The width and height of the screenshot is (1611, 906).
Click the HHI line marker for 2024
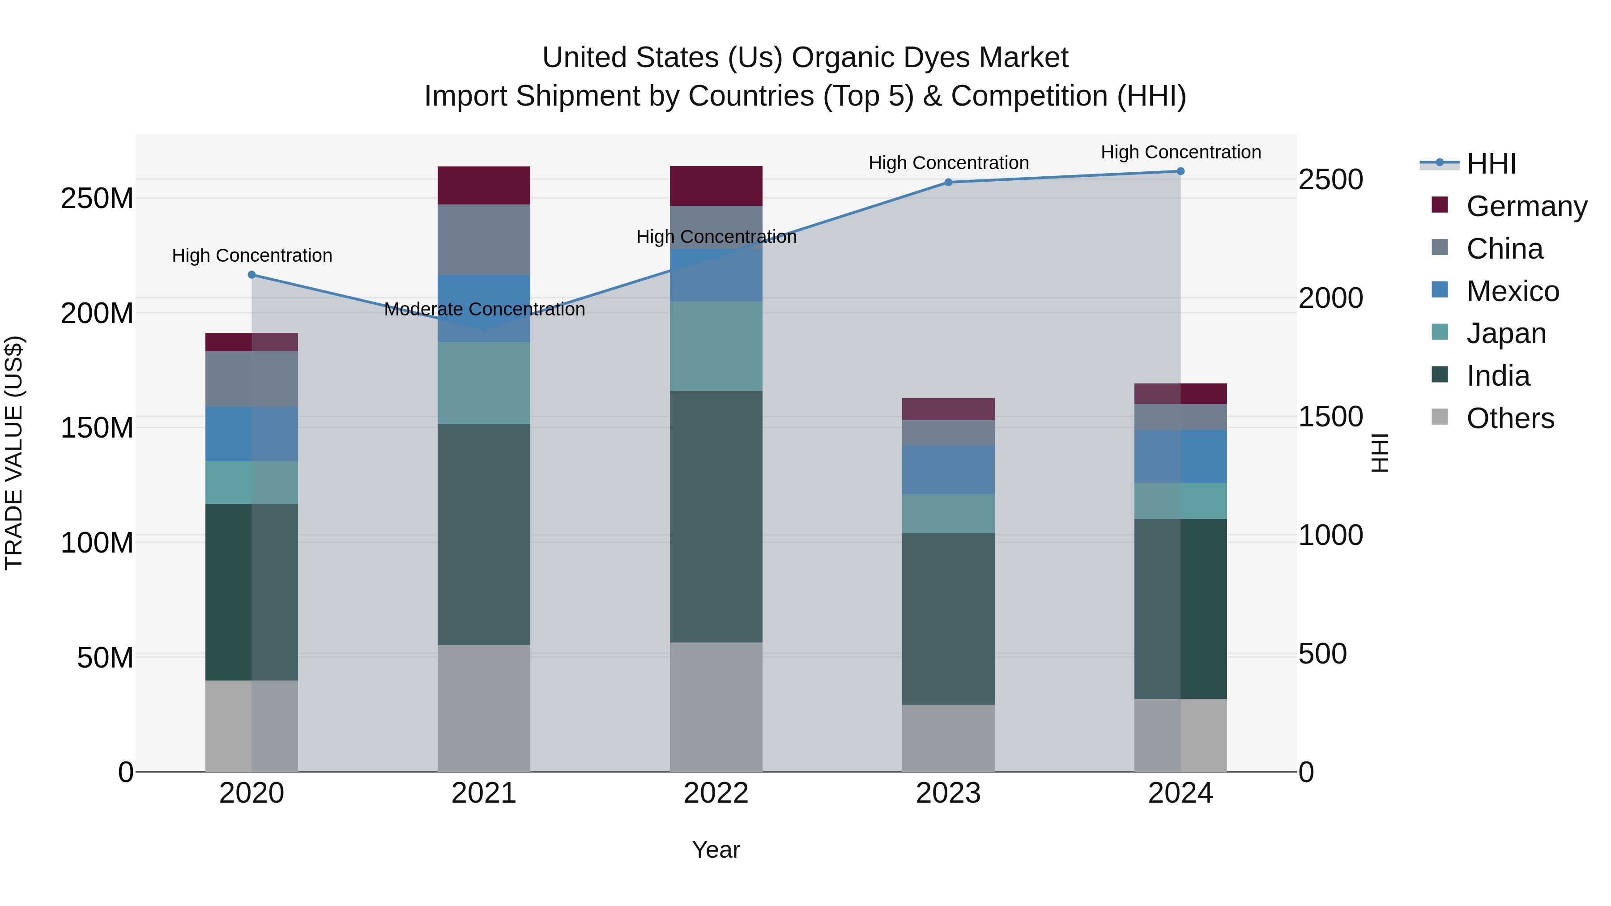(1180, 171)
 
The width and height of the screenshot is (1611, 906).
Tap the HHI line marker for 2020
(252, 275)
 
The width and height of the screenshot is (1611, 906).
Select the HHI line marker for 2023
(948, 182)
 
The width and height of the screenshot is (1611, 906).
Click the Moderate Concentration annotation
(484, 310)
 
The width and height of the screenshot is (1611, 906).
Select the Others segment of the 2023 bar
(948, 738)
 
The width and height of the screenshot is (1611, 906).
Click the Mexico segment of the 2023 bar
(948, 470)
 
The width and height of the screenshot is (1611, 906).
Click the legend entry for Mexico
(1512, 291)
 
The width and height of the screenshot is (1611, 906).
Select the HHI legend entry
(1491, 164)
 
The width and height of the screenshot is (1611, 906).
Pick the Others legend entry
(1510, 418)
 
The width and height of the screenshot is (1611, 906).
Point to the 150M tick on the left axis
(97, 428)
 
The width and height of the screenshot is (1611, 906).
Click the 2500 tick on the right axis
(1330, 179)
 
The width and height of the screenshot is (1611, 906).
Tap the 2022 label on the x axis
(716, 793)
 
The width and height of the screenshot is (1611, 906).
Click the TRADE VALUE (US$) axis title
(14, 453)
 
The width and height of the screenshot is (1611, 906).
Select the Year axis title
(716, 850)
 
